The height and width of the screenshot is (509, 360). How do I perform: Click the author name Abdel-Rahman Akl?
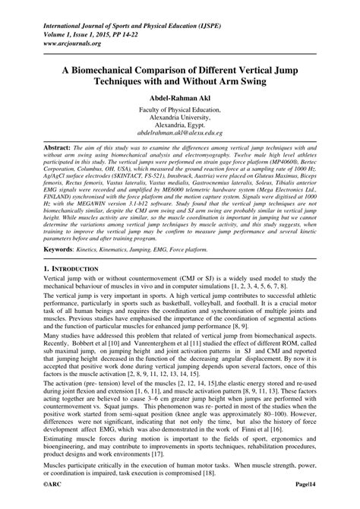pyautogui.click(x=180, y=99)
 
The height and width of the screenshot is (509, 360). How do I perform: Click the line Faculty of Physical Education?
pyautogui.click(x=180, y=109)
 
